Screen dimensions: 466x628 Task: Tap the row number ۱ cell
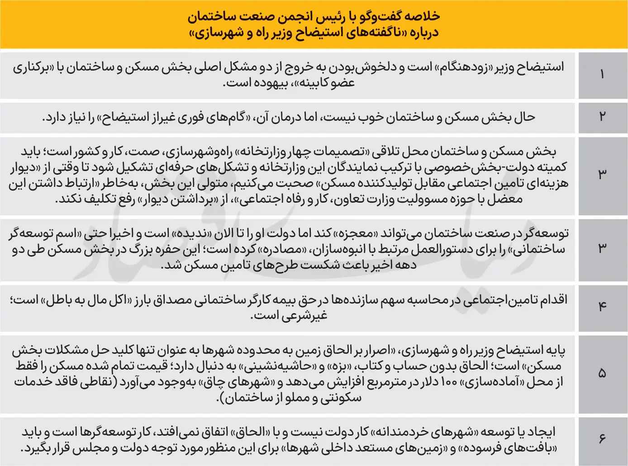[x=602, y=75]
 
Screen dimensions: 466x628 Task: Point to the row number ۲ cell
[x=602, y=117]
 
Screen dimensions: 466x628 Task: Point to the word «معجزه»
[x=355, y=233]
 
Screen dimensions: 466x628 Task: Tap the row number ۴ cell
[x=602, y=306]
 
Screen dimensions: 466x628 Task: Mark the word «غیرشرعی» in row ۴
[x=304, y=316]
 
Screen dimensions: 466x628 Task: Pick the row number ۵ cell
[x=602, y=373]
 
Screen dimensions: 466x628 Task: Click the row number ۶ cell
[x=602, y=439]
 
